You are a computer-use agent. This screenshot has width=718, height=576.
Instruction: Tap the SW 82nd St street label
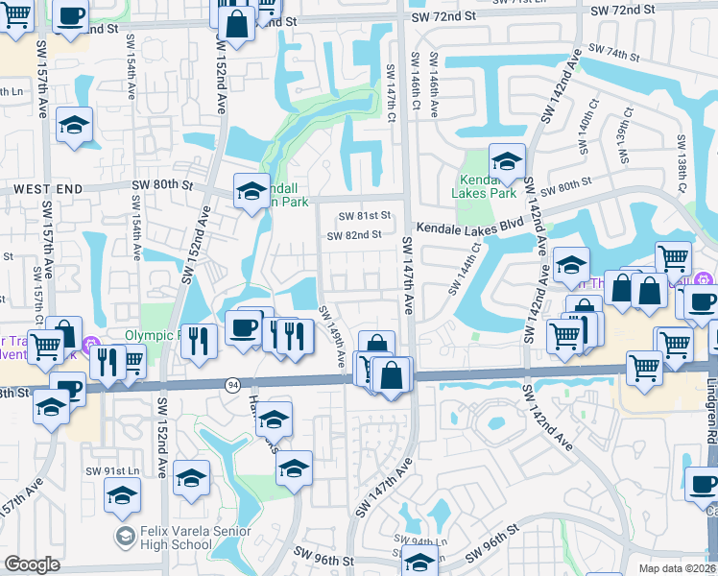[354, 235]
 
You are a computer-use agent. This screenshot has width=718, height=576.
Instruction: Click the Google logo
[32, 564]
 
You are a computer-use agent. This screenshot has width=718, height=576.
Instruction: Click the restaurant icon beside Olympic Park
[198, 341]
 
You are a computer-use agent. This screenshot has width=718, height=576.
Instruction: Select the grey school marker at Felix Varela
[124, 533]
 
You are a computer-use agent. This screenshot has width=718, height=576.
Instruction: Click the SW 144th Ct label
[463, 268]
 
